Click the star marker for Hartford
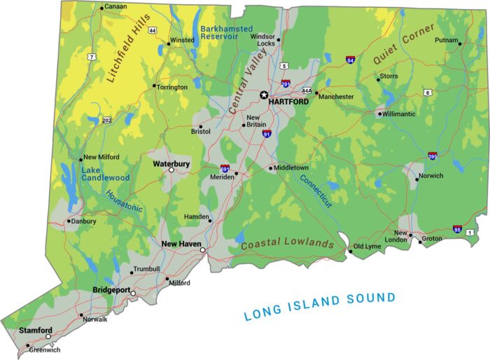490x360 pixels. pyautogui.click(x=264, y=95)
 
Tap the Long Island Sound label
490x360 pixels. pyautogui.click(x=319, y=306)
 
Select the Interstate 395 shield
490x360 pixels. pyautogui.click(x=433, y=155)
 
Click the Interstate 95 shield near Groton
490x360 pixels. pyautogui.click(x=457, y=228)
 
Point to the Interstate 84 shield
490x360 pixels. pyautogui.click(x=349, y=61)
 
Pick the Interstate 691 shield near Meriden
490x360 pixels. pyautogui.click(x=225, y=169)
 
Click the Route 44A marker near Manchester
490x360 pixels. pyautogui.click(x=307, y=90)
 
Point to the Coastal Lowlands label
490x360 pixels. pyautogui.click(x=287, y=243)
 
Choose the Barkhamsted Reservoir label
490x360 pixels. pyautogui.click(x=224, y=32)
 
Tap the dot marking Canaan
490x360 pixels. pyautogui.click(x=101, y=8)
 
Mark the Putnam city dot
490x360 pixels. pyautogui.click(x=460, y=43)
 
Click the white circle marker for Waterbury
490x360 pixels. pyautogui.click(x=171, y=169)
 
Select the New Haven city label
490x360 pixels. pyautogui.click(x=181, y=244)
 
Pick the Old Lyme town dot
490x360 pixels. pyautogui.click(x=350, y=251)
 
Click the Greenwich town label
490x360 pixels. pyautogui.click(x=45, y=349)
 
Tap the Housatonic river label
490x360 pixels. pyautogui.click(x=125, y=202)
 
